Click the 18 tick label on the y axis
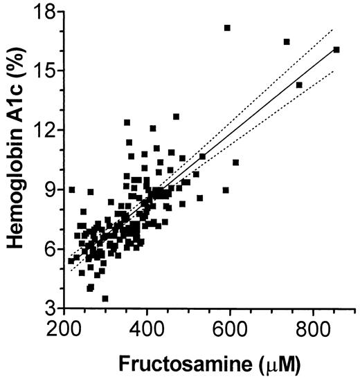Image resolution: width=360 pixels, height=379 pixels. click(x=44, y=12)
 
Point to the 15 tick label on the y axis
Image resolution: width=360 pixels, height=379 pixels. click(x=44, y=71)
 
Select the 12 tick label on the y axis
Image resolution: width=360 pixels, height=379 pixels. click(x=44, y=130)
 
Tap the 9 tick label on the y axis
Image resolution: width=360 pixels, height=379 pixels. click(x=50, y=189)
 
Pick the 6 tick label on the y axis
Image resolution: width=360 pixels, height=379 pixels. click(x=50, y=249)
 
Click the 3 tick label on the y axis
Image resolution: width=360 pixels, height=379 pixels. click(x=50, y=308)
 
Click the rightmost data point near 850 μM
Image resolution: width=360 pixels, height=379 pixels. click(x=336, y=50)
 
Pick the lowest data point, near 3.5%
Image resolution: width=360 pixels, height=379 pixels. click(x=105, y=298)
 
